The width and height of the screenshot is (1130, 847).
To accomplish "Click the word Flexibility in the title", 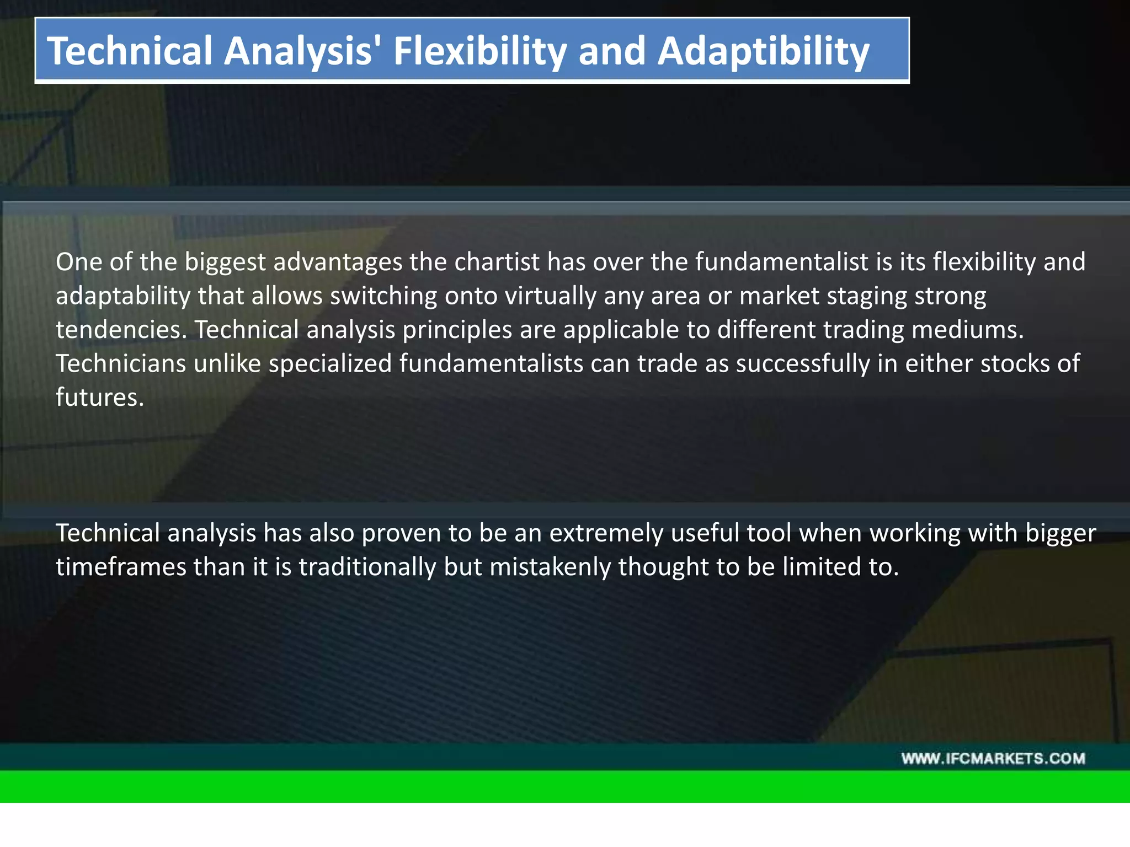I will click(479, 51).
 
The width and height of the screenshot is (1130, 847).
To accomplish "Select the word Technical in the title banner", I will click(130, 51).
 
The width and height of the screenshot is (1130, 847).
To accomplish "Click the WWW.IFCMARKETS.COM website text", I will click(993, 759).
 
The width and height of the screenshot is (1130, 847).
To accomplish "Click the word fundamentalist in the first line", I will click(781, 262).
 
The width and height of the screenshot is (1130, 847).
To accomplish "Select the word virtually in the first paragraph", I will click(551, 296).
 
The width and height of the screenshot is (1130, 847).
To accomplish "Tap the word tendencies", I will click(121, 330).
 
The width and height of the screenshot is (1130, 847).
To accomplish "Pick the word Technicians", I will click(121, 364).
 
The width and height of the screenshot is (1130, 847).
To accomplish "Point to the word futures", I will click(100, 398).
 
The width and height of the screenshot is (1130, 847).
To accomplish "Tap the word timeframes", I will click(121, 567).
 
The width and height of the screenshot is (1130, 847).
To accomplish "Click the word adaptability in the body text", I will click(122, 296).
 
